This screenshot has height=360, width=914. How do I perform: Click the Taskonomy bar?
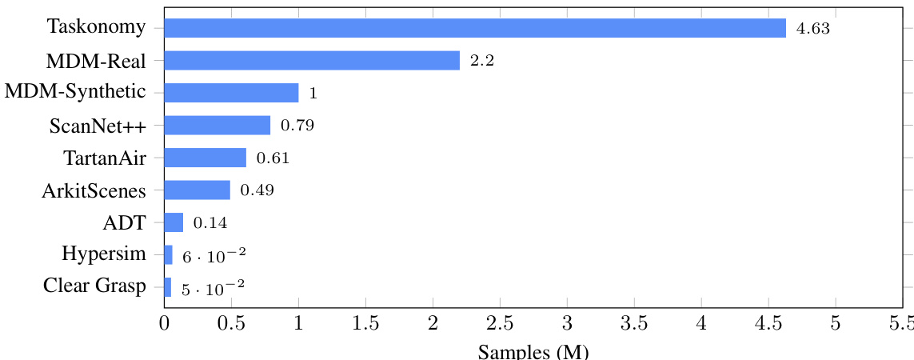475,28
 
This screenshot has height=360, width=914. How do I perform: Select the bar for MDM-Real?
312,61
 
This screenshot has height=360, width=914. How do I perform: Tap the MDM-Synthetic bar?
231,93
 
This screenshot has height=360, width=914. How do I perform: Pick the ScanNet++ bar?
217,126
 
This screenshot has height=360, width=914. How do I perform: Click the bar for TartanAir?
205,158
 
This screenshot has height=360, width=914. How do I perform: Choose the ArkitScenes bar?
197,190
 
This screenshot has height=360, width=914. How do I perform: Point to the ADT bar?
174,222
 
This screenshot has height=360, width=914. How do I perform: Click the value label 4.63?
813,29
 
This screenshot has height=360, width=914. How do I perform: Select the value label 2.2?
482,62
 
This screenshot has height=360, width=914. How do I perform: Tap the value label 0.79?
297,126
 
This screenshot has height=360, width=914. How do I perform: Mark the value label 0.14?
210,223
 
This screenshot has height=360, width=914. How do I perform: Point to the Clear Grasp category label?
96,286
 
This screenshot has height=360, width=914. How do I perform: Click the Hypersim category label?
104,254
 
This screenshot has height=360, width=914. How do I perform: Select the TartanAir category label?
105,158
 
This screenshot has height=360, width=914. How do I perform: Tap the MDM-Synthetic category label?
75,92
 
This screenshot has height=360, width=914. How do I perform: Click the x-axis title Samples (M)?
533,351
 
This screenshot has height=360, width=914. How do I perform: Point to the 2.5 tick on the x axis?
500,324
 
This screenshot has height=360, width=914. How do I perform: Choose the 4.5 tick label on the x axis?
768,324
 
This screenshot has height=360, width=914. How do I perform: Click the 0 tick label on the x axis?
164,324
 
